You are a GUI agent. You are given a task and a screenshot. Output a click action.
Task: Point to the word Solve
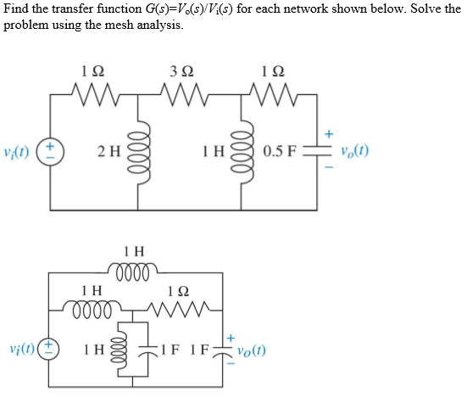tap(423, 8)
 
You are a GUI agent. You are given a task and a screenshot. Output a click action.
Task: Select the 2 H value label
tap(108, 153)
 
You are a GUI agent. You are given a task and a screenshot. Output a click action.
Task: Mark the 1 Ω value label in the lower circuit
tap(177, 289)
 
